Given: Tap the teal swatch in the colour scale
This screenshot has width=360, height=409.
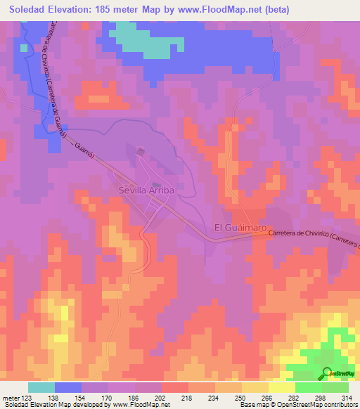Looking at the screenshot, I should tap(41, 387).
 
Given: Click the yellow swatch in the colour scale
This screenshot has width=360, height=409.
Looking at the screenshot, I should tap(281, 387).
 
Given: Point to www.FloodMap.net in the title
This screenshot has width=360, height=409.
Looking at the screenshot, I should tap(223, 11).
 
